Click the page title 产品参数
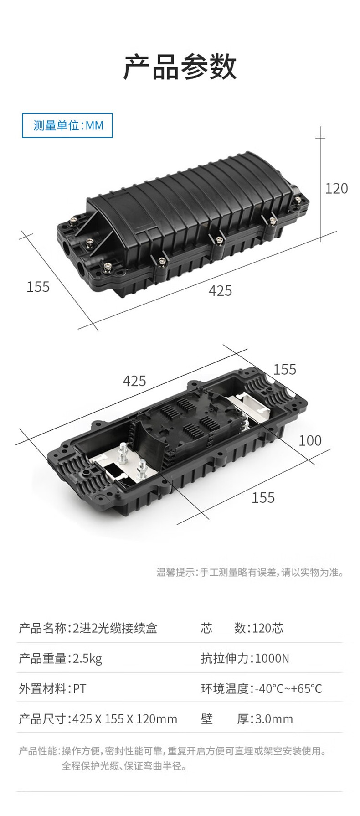(x=180, y=67)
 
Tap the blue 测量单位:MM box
(x=67, y=125)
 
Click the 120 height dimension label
(x=336, y=188)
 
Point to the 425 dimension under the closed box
(x=220, y=290)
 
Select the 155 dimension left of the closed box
(x=38, y=287)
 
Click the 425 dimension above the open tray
(x=134, y=381)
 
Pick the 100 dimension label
(x=310, y=440)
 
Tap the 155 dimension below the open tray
(x=263, y=497)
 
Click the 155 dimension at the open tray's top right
(x=285, y=369)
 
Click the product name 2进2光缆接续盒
(x=115, y=628)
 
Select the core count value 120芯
(x=267, y=628)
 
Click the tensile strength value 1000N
(x=272, y=658)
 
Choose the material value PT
(x=79, y=688)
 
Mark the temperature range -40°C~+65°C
(x=288, y=688)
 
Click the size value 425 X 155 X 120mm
(x=125, y=719)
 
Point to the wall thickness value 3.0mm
(x=274, y=719)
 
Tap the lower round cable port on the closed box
(x=83, y=269)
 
